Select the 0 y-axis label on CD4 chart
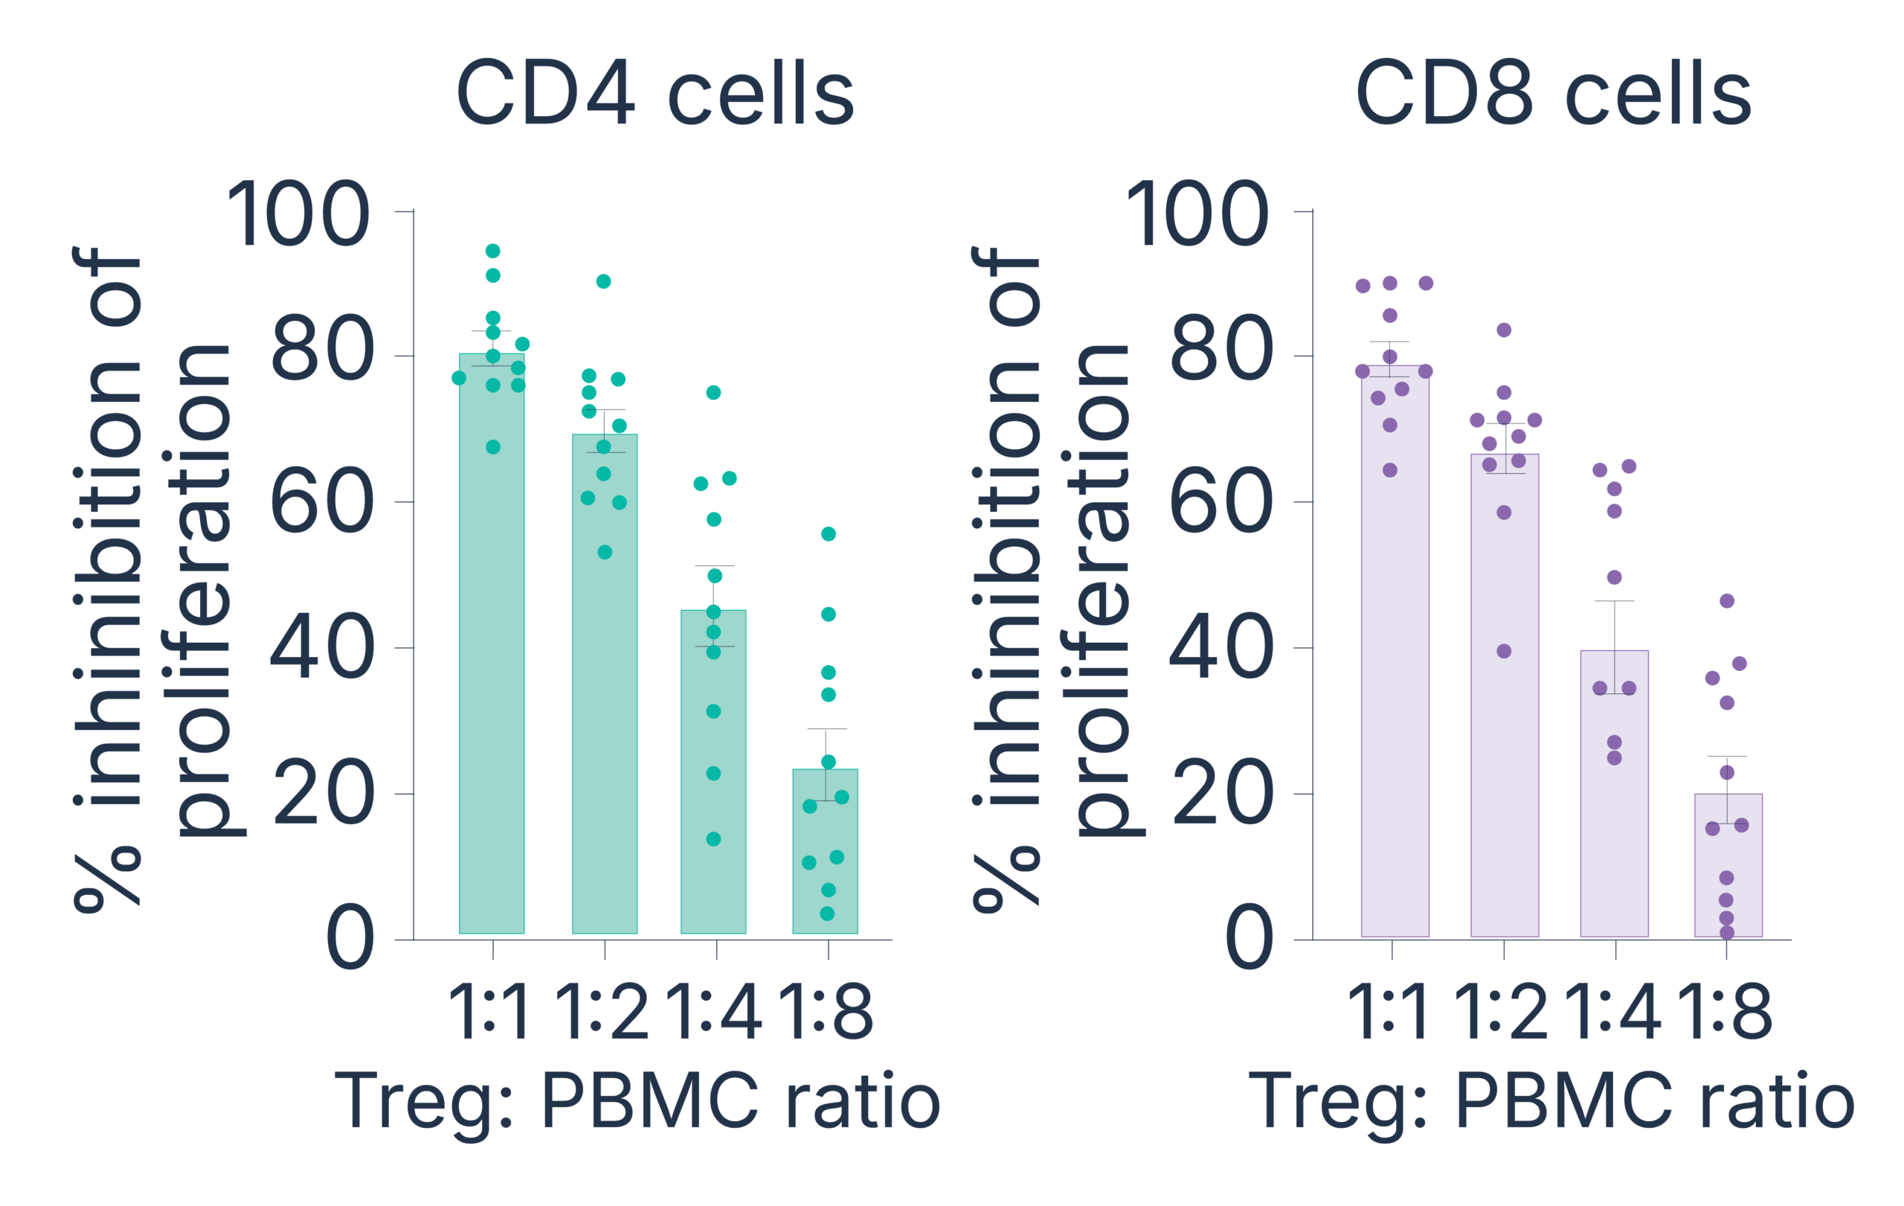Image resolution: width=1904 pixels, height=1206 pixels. pos(350,940)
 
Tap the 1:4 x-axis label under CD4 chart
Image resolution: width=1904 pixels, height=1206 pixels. pos(715,1013)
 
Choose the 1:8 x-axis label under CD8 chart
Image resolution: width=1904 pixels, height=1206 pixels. pos(1726,1013)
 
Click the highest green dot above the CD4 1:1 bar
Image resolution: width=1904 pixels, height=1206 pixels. pos(492,251)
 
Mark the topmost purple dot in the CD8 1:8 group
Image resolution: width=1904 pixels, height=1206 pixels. pos(1727,601)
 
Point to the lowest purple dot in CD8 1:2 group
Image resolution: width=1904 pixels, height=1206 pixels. pos(1504,651)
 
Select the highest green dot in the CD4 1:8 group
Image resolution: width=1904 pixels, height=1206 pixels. pos(828,533)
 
